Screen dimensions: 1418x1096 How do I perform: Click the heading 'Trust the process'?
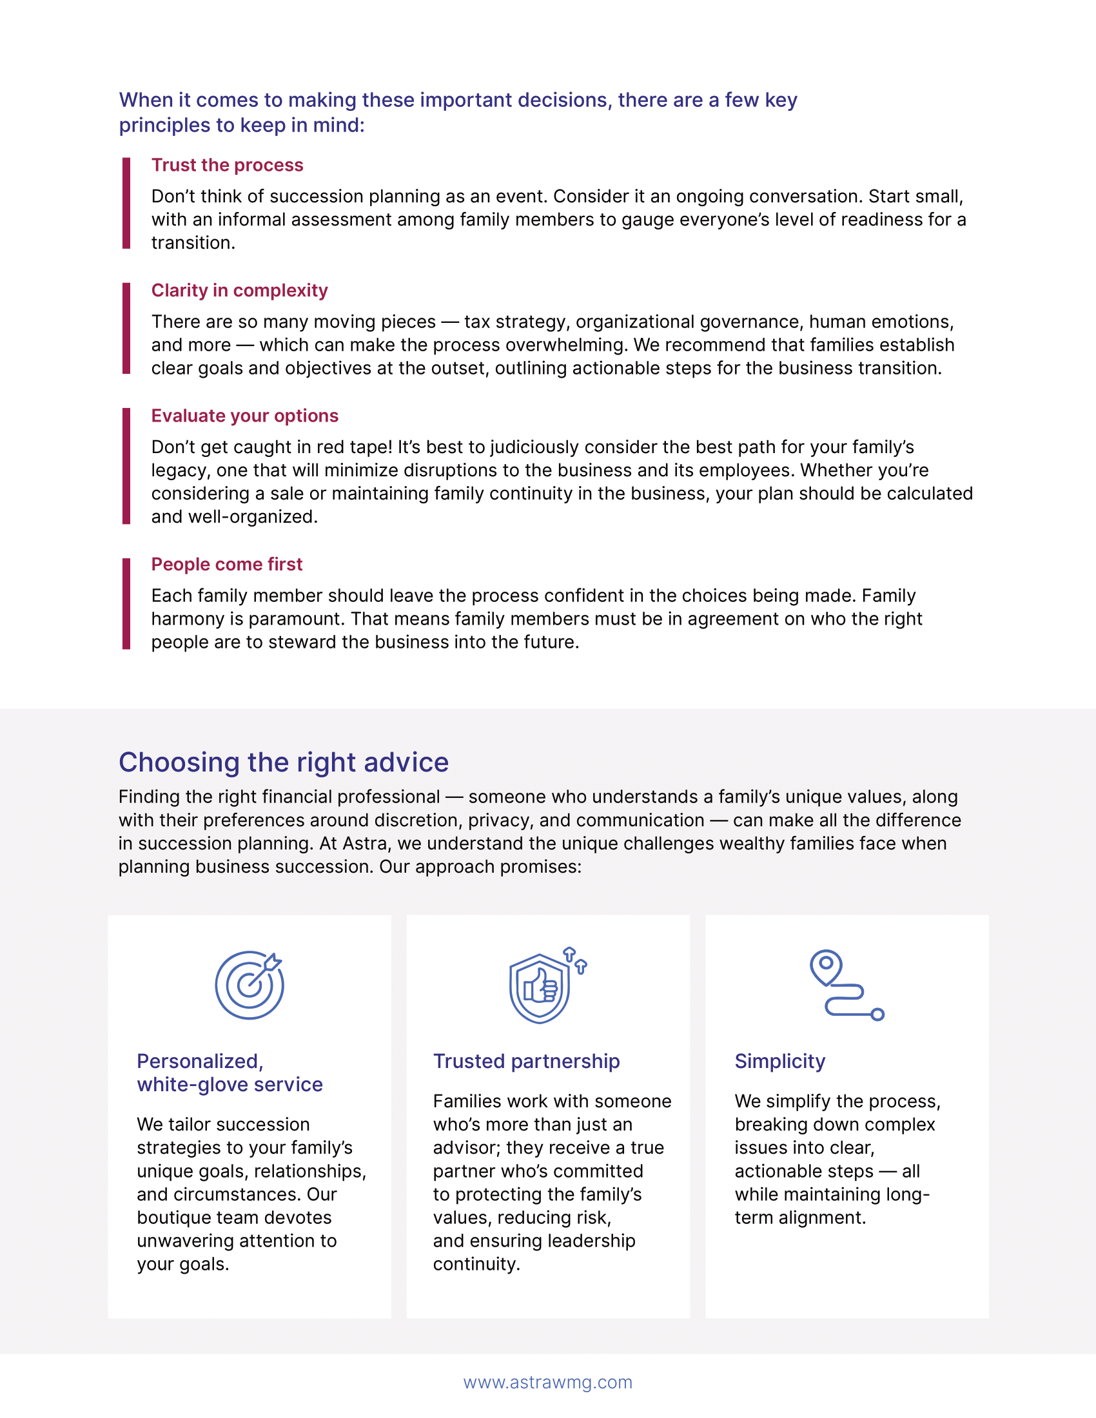227,165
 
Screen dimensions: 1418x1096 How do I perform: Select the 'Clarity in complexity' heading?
239,290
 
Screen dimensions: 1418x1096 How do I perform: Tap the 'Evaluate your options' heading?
245,416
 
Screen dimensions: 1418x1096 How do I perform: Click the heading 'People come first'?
226,564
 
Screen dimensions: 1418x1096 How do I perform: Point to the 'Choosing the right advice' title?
283,762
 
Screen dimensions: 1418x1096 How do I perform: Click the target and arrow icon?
250,984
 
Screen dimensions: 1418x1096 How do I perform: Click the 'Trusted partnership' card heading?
526,1061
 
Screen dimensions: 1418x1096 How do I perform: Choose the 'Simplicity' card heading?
780,1061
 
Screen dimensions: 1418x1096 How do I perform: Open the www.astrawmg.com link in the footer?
547,1383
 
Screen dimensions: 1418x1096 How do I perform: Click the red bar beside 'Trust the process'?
126,202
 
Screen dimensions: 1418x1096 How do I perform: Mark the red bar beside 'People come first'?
126,603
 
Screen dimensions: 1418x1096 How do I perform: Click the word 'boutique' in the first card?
172,1218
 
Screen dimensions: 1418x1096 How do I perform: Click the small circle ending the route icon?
877,1014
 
